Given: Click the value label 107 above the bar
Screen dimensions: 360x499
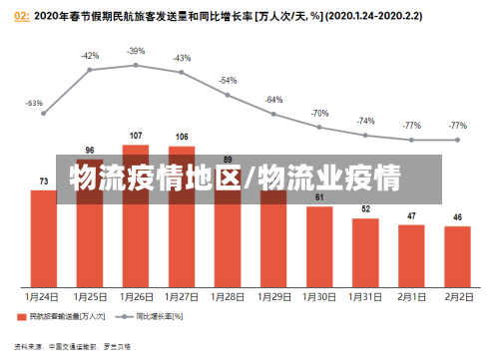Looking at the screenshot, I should [x=136, y=135].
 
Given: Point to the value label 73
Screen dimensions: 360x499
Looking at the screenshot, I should [x=44, y=180].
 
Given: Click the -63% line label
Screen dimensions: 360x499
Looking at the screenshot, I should [x=34, y=103].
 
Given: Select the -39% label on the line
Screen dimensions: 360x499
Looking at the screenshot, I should [x=136, y=51].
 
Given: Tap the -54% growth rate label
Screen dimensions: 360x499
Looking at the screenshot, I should [x=228, y=80].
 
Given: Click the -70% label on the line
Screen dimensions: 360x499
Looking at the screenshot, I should [x=319, y=114].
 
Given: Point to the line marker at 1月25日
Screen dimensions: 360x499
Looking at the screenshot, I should [x=90, y=70].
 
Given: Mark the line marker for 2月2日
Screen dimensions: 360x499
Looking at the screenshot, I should [x=458, y=139].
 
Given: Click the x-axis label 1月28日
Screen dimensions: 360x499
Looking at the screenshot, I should [x=228, y=297].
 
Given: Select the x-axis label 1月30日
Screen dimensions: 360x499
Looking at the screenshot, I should [x=319, y=297].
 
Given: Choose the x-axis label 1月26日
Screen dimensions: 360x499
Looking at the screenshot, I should [x=136, y=297].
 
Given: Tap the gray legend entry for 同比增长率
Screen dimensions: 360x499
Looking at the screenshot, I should [x=150, y=317].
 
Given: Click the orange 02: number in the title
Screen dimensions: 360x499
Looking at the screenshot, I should [x=21, y=15].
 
